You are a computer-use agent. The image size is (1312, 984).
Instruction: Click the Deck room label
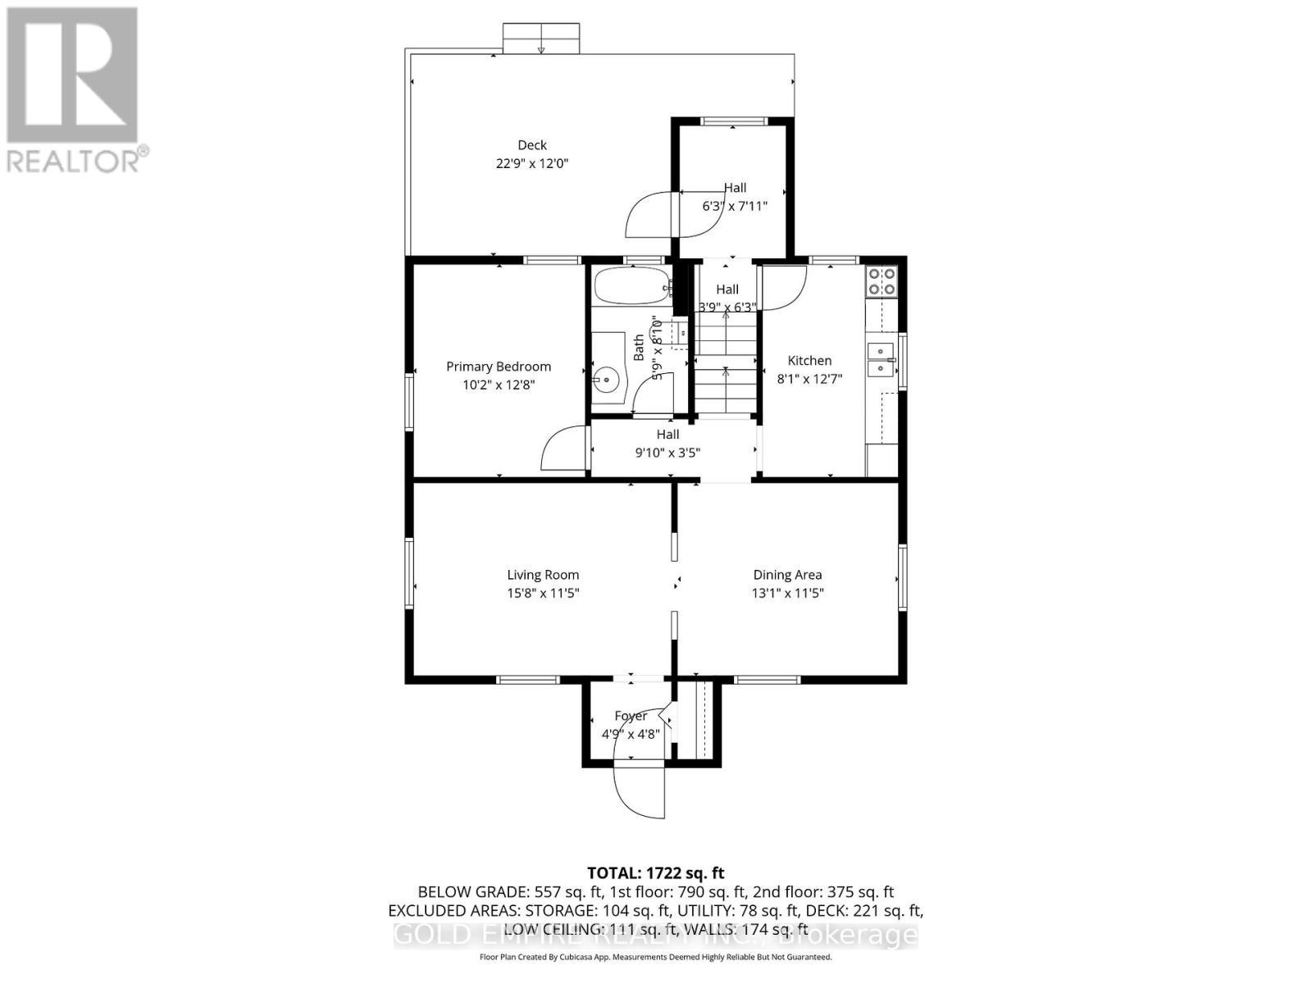(x=532, y=145)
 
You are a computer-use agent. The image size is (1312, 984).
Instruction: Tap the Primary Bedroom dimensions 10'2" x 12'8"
(x=499, y=385)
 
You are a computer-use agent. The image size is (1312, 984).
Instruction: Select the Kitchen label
(x=809, y=361)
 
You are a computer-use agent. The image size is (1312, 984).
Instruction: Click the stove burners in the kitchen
(x=881, y=281)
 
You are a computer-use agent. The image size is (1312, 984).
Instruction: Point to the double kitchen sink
(x=881, y=360)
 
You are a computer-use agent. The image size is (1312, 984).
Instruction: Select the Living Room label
(x=543, y=575)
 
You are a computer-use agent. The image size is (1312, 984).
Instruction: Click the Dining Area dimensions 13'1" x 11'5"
(x=787, y=593)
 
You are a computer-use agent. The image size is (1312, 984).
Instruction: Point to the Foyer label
(x=631, y=716)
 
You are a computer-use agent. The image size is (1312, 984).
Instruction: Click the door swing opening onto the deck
(x=650, y=215)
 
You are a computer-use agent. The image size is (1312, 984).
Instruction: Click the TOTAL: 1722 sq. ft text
(x=656, y=873)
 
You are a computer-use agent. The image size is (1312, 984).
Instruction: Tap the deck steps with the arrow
(x=541, y=39)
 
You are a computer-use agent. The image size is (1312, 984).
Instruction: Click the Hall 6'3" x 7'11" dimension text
(x=735, y=206)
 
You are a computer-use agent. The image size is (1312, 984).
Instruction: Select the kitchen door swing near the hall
(x=784, y=287)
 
